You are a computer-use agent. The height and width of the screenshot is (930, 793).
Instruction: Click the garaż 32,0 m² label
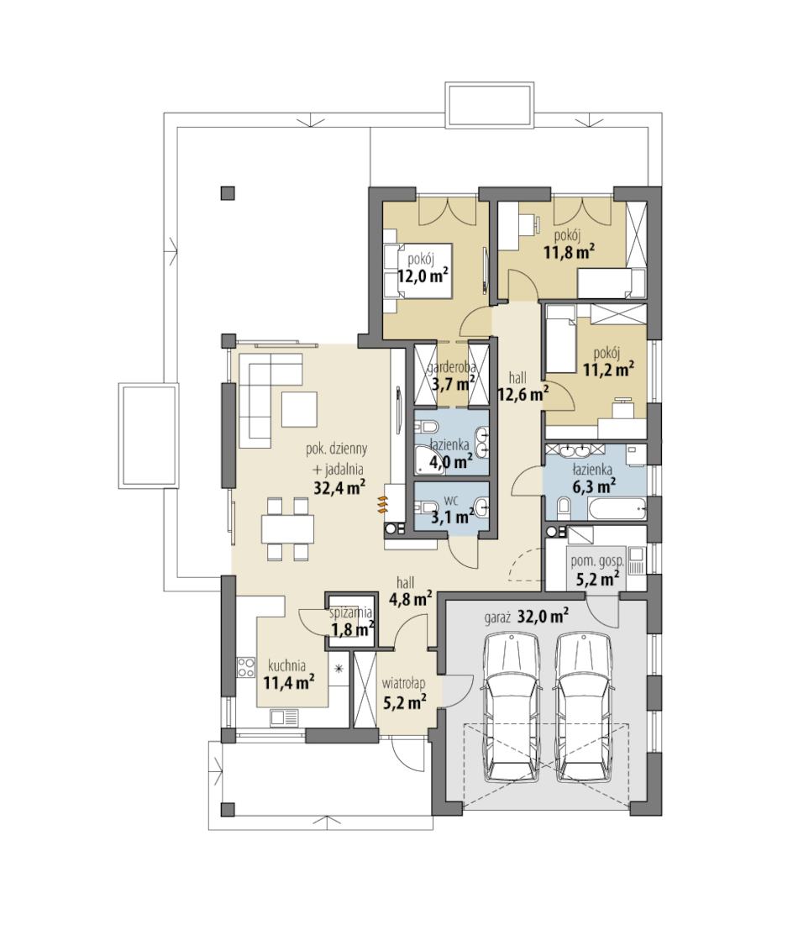click(527, 617)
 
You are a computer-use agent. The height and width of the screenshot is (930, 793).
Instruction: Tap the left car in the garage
click(511, 707)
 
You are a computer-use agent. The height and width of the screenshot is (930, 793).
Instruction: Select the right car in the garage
click(584, 707)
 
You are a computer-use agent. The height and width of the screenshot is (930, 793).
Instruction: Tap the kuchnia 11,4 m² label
click(288, 674)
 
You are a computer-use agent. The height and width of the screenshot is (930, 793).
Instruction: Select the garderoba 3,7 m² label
click(452, 375)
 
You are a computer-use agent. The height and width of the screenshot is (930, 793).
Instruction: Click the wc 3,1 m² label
click(452, 509)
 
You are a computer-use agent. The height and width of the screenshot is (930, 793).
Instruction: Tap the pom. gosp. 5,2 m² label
click(596, 569)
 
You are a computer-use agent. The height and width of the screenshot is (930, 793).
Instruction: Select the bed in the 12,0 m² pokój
click(418, 271)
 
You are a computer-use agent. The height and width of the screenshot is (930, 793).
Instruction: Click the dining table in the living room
click(287, 529)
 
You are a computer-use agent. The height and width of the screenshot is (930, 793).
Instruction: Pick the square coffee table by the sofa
click(299, 409)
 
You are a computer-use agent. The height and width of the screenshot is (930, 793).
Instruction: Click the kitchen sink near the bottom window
click(284, 718)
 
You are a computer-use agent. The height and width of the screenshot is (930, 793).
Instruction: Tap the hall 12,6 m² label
click(522, 386)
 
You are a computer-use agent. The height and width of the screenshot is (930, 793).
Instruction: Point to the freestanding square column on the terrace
click(228, 192)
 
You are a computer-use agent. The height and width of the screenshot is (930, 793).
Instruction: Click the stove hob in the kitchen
click(245, 669)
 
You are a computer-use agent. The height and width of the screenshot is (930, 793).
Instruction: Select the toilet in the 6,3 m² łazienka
click(564, 507)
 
